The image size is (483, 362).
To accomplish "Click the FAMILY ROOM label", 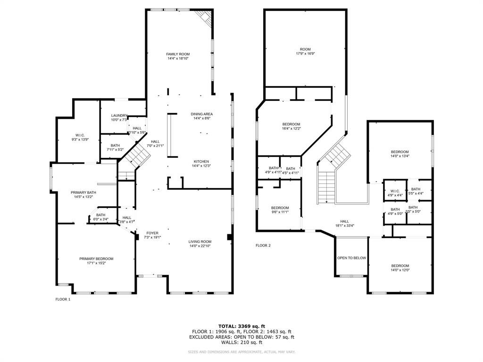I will coord(178,54).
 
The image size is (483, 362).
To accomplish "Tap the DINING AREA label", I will coord(201,114).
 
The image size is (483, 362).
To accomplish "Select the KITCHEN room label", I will coord(201,161).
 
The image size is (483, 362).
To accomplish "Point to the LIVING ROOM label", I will coord(200,241).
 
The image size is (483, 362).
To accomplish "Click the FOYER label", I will coord(152,233).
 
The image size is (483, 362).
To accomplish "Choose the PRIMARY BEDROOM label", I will coord(96,258).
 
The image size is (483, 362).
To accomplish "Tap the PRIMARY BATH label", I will coord(83,192).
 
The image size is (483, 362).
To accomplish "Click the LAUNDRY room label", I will coord(119,115).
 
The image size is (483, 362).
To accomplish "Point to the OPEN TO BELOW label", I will coord(351,258).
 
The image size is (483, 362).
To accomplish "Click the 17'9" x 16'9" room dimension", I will coord(305,54).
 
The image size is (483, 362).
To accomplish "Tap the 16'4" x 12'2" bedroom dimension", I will coord(291,128).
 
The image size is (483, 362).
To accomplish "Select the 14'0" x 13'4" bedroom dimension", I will coord(400,156).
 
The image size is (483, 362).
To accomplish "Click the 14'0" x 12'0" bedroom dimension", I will coord(400,270).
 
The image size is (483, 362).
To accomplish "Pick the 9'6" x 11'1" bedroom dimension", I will coord(280,212).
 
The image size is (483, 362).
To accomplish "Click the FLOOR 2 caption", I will coord(263,245).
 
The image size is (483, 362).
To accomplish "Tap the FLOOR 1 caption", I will coord(63,299).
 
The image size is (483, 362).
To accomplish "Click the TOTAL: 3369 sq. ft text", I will coord(241,326).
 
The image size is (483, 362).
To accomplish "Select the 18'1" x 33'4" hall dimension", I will coord(344,225).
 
